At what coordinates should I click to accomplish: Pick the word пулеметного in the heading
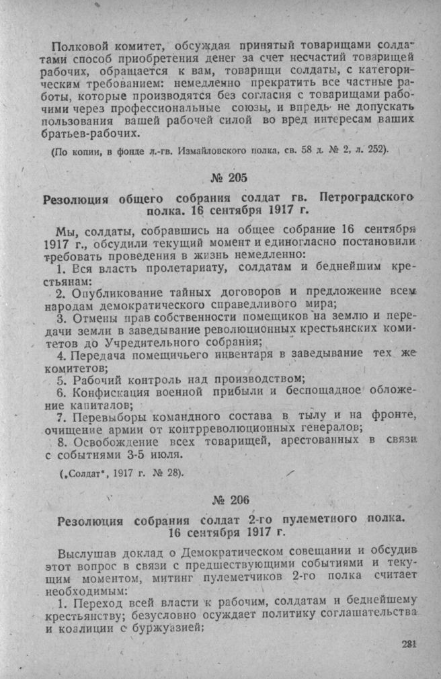[313, 520]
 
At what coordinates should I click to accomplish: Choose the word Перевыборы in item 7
[106, 417]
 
